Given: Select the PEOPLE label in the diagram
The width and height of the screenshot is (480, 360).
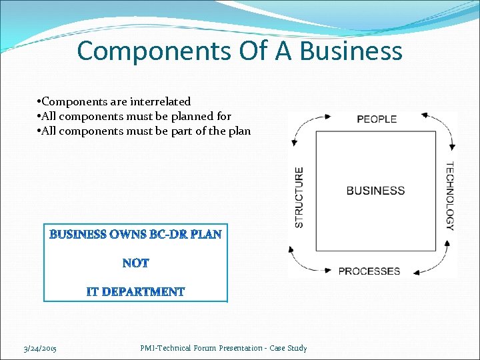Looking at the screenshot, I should pos(377,119).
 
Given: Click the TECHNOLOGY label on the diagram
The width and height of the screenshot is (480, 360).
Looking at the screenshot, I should pos(450,196).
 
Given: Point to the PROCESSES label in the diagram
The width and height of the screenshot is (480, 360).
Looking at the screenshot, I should pos(369,271).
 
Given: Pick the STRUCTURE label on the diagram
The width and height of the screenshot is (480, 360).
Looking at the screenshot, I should pos(299,197).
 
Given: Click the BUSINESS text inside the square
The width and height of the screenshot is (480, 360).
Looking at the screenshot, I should pos(375,191).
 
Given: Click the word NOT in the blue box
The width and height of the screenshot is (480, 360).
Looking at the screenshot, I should pos(136,263).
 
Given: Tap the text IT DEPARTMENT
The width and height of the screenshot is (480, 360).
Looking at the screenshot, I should pos(135,292).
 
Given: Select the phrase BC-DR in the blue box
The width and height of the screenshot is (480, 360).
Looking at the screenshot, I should pos(169,235).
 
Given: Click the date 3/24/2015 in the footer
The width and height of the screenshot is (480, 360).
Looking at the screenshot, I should pos(40,349).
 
